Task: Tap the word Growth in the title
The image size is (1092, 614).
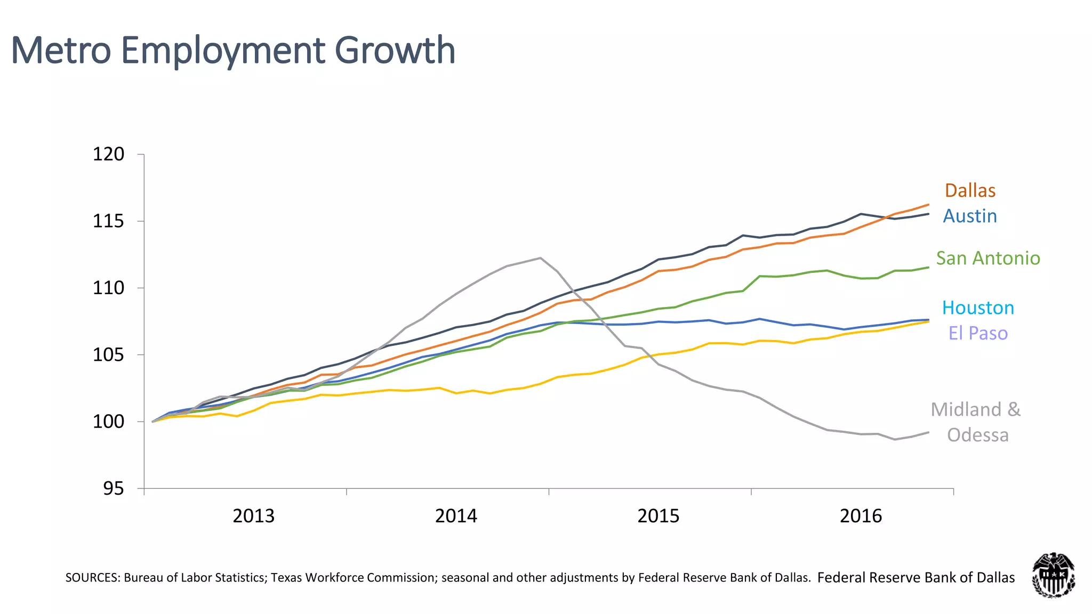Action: [395, 51]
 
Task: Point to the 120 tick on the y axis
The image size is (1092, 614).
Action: [108, 155]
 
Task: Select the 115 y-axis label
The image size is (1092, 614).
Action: [108, 221]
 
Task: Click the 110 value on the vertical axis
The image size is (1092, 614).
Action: [108, 288]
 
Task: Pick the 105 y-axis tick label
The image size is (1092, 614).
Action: [108, 355]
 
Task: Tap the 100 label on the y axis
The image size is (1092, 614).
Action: [108, 422]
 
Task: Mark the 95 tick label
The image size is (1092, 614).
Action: [113, 489]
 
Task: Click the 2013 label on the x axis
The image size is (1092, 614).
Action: [253, 516]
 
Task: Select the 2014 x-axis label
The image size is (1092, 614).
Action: [456, 516]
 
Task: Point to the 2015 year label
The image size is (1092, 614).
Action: [659, 516]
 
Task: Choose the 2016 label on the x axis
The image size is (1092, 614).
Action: [861, 516]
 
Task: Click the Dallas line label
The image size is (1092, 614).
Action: [970, 190]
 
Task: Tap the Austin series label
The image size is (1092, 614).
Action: [970, 216]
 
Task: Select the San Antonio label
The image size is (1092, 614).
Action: [988, 258]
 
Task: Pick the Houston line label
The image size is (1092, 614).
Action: [978, 308]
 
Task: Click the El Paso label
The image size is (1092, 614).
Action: [978, 333]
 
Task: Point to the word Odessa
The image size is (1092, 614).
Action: [978, 435]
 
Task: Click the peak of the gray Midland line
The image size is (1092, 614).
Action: [540, 258]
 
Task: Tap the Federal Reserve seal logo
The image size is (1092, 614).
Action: [1053, 575]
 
